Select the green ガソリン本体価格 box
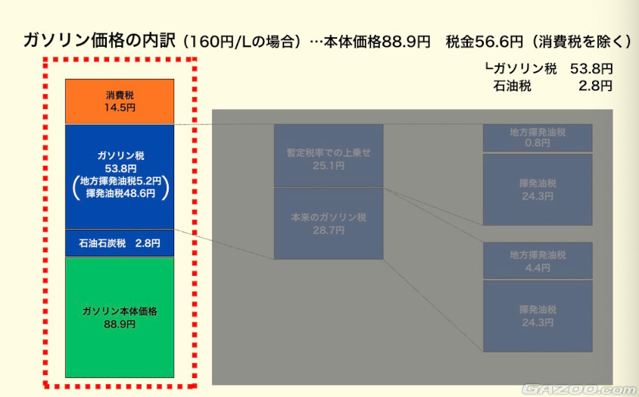click(120, 317)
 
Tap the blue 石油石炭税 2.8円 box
click(120, 243)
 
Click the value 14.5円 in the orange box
click(120, 108)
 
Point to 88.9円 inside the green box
click(120, 324)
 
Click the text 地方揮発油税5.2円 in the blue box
click(120, 181)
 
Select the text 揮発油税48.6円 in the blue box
click(120, 193)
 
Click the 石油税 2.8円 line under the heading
click(552, 86)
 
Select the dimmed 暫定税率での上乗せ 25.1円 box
click(329, 156)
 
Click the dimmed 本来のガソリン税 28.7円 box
click(329, 224)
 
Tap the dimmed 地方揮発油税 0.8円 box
click(538, 137)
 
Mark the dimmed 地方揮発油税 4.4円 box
click(538, 261)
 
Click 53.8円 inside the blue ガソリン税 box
click(120, 168)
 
